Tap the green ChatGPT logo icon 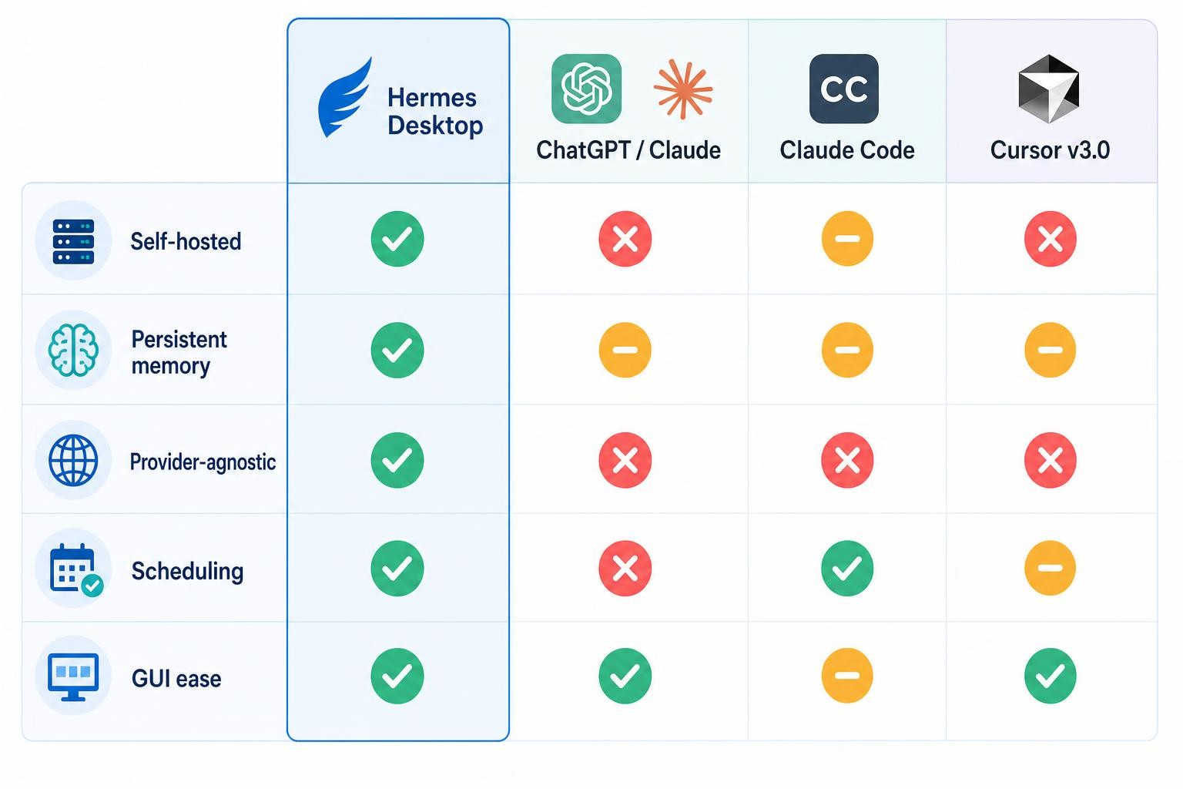586,89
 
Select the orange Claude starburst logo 683,89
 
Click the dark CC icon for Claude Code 844,89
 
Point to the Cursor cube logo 1049,89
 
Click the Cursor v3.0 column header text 1050,150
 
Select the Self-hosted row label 186,241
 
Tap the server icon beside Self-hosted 73,241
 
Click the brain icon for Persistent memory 73,350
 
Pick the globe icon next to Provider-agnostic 73,460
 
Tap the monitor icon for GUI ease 73,677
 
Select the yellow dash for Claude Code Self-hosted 847,239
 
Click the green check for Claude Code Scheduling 847,568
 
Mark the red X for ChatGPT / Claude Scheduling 625,568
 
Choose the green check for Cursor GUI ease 1050,676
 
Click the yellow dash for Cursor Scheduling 1050,568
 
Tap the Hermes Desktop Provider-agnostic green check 397,460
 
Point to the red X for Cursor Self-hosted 1050,239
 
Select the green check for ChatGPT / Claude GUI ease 625,676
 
